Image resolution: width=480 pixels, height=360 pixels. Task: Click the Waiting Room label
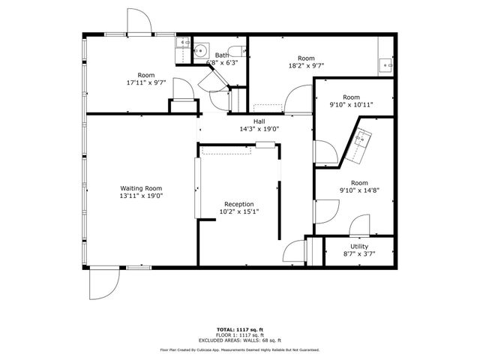[142, 188]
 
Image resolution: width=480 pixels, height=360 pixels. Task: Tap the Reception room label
[239, 204]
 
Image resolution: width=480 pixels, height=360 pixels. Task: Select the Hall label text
[259, 121]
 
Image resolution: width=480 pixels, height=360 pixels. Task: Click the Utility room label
[359, 246]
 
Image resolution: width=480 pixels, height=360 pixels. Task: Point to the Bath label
[222, 55]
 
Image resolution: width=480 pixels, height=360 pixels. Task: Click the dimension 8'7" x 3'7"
[359, 254]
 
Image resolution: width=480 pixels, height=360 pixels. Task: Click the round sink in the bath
[200, 52]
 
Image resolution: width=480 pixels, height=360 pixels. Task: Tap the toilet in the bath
[237, 49]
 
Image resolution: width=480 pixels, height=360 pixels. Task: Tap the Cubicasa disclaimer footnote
[240, 349]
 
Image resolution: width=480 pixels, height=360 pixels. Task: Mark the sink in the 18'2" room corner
[386, 64]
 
